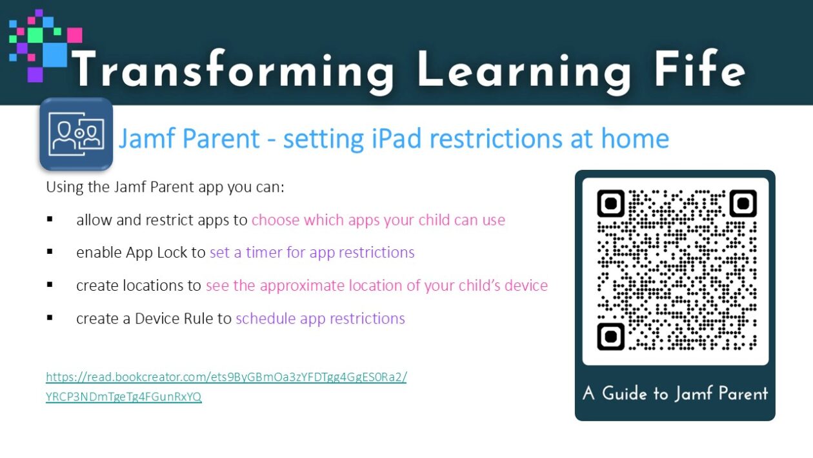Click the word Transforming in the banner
coord(232,69)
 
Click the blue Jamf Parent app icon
coord(76,134)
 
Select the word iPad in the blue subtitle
coord(397,138)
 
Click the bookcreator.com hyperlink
coord(226,386)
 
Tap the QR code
coord(676,270)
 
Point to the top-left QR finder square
coord(611,203)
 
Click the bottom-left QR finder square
coord(611,337)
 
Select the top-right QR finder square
coord(743,203)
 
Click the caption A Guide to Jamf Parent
coord(675,393)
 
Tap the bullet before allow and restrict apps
coord(50,219)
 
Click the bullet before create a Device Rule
coord(50,318)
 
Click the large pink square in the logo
coord(74,36)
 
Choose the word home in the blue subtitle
coord(635,138)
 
